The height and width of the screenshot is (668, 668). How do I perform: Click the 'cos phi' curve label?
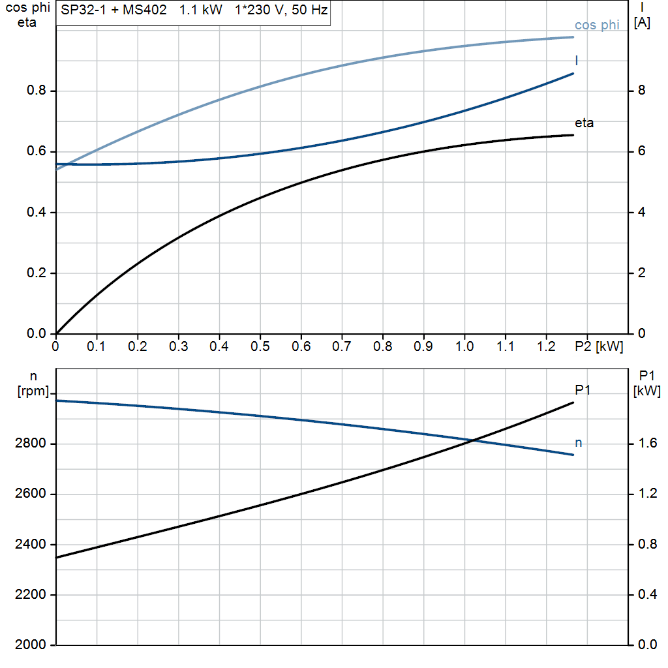(x=597, y=25)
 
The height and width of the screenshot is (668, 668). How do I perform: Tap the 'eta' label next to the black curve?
(x=584, y=123)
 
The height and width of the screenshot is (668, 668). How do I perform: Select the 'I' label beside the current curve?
(x=576, y=61)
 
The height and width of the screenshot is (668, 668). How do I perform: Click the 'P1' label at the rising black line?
(x=583, y=389)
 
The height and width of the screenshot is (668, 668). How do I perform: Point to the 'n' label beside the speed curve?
(x=578, y=443)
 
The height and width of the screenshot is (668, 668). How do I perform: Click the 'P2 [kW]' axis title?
(x=600, y=347)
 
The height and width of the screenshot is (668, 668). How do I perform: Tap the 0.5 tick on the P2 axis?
(x=260, y=347)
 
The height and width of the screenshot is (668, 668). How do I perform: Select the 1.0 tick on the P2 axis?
(x=464, y=347)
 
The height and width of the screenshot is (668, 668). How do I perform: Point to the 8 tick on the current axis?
(x=641, y=91)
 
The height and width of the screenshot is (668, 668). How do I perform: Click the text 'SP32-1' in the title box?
(x=81, y=11)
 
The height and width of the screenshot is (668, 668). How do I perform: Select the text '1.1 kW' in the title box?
(x=201, y=11)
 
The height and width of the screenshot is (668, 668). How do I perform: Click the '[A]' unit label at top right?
(x=642, y=23)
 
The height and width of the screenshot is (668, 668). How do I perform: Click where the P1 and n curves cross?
(x=471, y=441)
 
